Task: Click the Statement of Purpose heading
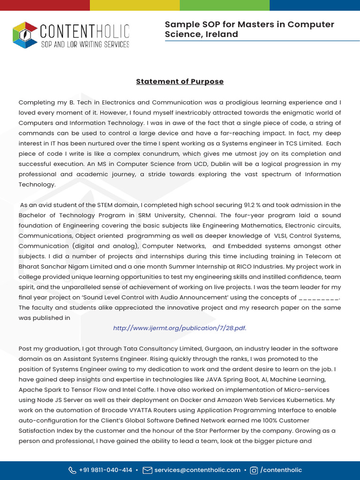180,82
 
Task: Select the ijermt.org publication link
180,328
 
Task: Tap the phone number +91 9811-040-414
105,470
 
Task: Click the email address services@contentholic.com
197,470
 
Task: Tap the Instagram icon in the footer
254,470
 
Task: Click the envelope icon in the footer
147,470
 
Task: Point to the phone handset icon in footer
72,470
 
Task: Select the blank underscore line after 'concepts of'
318,297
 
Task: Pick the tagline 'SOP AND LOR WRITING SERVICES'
85,45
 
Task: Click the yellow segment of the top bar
135,5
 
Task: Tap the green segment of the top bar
225,5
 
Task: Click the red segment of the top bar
45,5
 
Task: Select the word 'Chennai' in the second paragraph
202,215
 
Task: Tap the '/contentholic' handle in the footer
281,470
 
